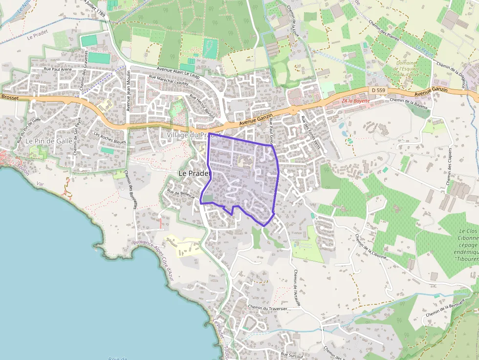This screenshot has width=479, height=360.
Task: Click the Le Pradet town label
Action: (194, 173)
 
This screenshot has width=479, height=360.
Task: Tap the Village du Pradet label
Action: (194, 135)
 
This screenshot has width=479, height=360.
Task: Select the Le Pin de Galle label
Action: (49, 141)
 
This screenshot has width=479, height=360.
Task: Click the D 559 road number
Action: (378, 90)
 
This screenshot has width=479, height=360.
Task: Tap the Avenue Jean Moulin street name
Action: (129, 90)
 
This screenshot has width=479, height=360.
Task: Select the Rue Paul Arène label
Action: (58, 69)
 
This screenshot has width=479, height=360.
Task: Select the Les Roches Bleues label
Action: (109, 139)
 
